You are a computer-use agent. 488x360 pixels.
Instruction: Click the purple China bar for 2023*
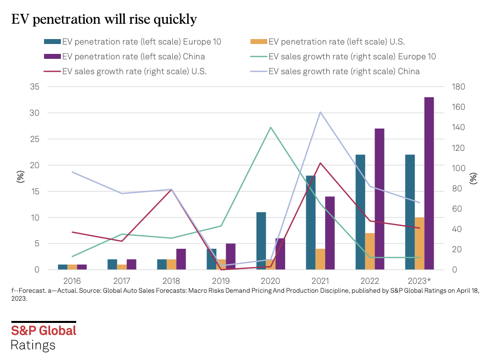(x=429, y=183)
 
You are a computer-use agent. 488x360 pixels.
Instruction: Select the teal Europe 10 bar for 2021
(x=311, y=223)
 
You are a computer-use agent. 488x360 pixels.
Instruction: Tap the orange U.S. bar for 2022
(x=370, y=251)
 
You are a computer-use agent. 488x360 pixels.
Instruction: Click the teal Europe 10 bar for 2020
(x=261, y=241)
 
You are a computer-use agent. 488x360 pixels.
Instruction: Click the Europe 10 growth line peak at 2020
(x=271, y=128)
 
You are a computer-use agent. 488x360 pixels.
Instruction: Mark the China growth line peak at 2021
(x=320, y=112)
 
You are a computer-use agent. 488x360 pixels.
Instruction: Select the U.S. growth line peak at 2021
(x=320, y=163)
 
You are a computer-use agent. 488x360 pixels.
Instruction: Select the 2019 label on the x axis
(x=221, y=280)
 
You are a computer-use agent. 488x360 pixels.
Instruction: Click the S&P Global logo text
(x=44, y=330)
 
